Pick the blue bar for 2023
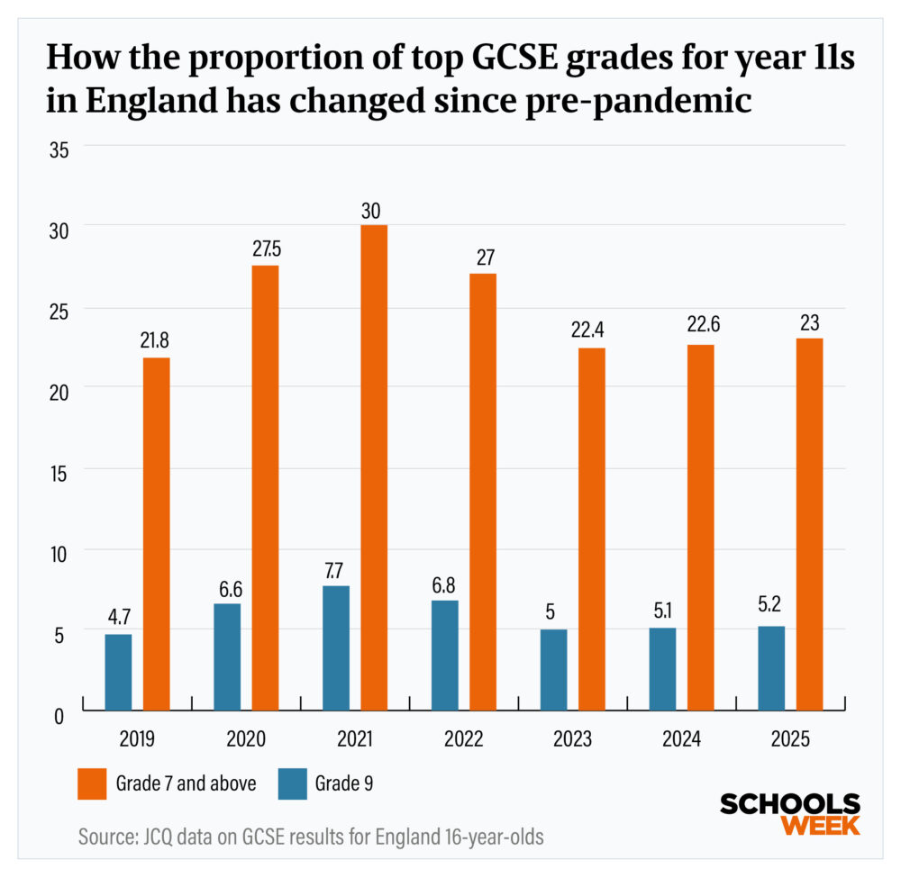click(x=553, y=670)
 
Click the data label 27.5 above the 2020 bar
click(x=265, y=250)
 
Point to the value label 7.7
click(x=336, y=571)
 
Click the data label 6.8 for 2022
click(x=444, y=585)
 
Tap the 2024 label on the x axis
click(x=681, y=739)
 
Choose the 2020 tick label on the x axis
click(x=246, y=739)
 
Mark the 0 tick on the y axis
click(x=60, y=716)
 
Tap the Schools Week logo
click(x=789, y=814)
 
